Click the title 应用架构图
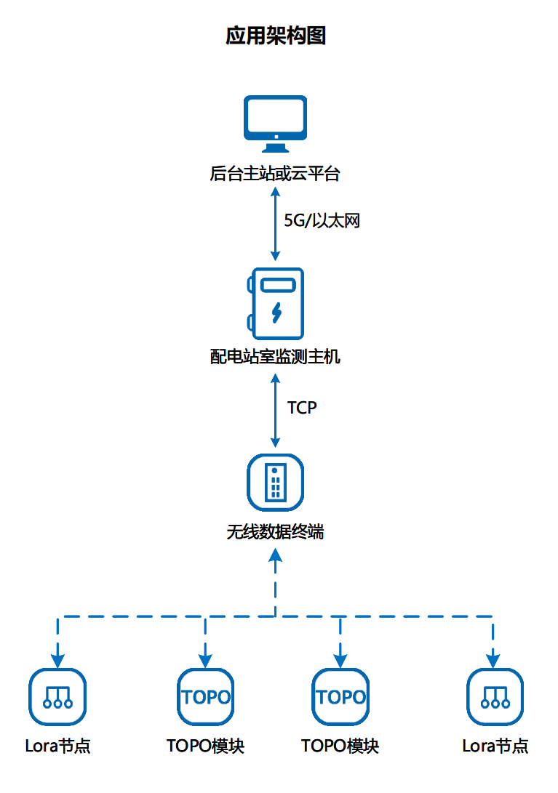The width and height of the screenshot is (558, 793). coord(276,36)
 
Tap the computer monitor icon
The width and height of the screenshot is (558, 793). coord(275,121)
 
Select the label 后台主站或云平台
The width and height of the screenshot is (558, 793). coord(275,174)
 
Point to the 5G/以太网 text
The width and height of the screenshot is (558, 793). coord(322,221)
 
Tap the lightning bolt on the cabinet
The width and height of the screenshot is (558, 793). coord(276,312)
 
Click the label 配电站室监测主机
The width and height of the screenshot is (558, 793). coord(275,357)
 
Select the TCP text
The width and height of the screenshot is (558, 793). coord(302,408)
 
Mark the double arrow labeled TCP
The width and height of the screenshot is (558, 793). coord(275,411)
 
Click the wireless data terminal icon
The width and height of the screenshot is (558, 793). coord(275,482)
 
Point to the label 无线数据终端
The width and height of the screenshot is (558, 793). coord(275,532)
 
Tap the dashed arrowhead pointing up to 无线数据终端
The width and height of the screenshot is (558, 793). coord(275,556)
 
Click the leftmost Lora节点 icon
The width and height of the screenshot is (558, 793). coord(57,696)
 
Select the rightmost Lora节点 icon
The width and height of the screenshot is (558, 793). coord(494,696)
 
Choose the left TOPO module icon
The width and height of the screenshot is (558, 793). coord(206,696)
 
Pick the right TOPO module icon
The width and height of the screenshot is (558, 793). coord(340,696)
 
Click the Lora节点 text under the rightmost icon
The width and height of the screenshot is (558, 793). coord(495,746)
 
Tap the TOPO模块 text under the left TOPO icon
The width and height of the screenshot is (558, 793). coord(206,746)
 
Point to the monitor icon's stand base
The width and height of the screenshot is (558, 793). coord(275,149)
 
